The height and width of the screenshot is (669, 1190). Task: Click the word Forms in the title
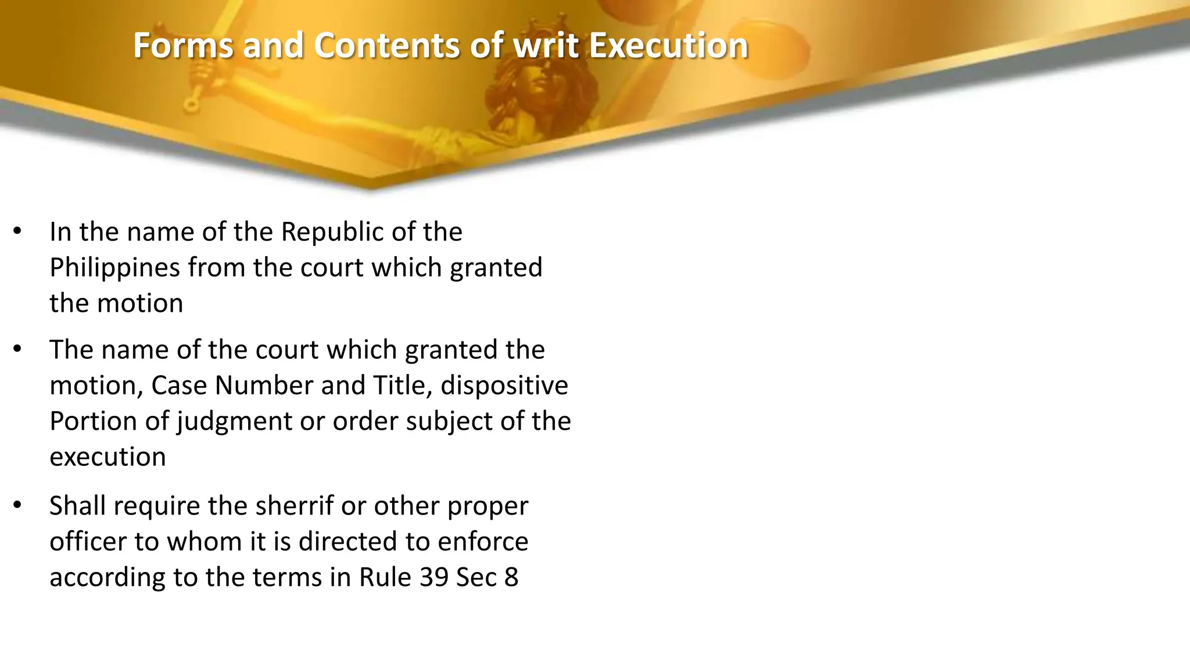(183, 45)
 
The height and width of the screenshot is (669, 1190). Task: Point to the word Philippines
(114, 268)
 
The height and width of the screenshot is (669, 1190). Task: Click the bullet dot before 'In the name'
(17, 231)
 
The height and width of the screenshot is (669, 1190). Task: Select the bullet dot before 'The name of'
(17, 349)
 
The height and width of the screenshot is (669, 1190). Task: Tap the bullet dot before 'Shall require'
(17, 505)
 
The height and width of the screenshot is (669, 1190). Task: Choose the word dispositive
(504, 386)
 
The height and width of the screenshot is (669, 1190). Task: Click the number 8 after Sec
(511, 577)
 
